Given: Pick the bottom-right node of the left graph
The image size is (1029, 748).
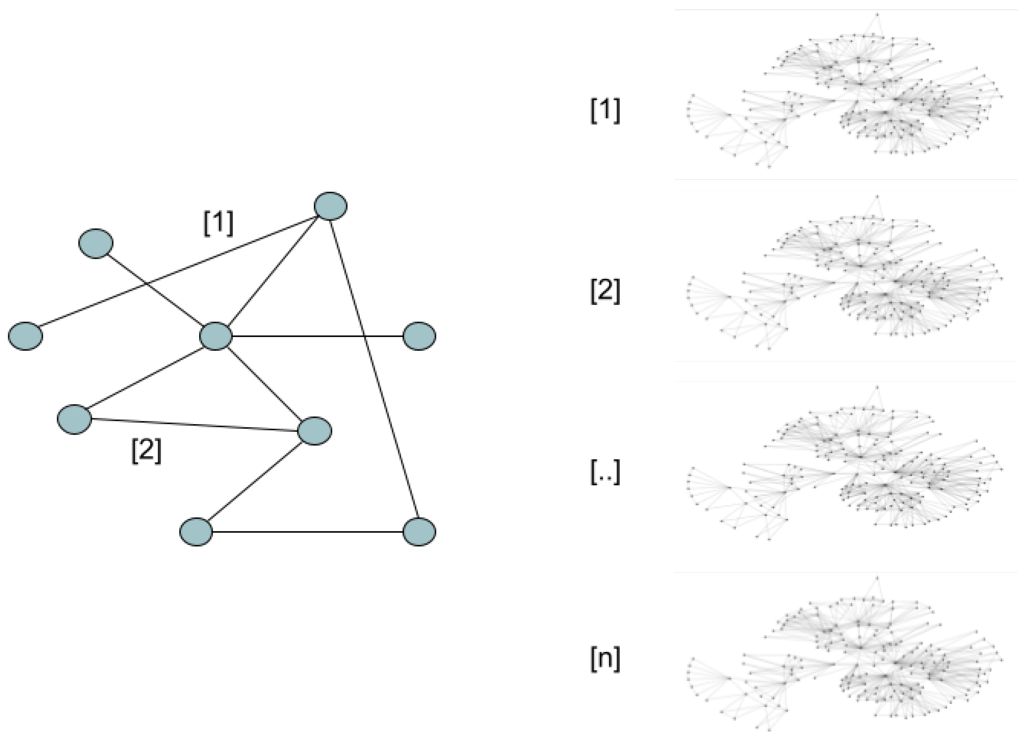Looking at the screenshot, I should click(x=419, y=532).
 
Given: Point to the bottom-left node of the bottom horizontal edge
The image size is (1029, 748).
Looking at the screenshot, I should click(x=196, y=532).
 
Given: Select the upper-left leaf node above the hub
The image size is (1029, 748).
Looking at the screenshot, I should click(x=96, y=243).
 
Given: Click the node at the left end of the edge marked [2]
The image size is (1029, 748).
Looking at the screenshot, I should click(x=74, y=419).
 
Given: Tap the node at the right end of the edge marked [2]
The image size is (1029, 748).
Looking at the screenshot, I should click(x=314, y=431).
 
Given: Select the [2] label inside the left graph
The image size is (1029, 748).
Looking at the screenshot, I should click(x=146, y=451).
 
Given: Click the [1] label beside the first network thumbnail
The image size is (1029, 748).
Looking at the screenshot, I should click(x=605, y=110).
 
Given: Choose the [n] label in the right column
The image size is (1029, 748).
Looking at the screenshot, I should click(x=605, y=660).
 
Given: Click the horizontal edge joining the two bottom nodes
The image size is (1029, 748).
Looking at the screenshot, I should click(x=308, y=532).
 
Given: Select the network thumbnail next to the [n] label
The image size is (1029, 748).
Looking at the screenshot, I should click(x=845, y=657).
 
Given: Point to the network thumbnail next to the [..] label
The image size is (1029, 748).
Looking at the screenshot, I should click(x=845, y=467).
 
